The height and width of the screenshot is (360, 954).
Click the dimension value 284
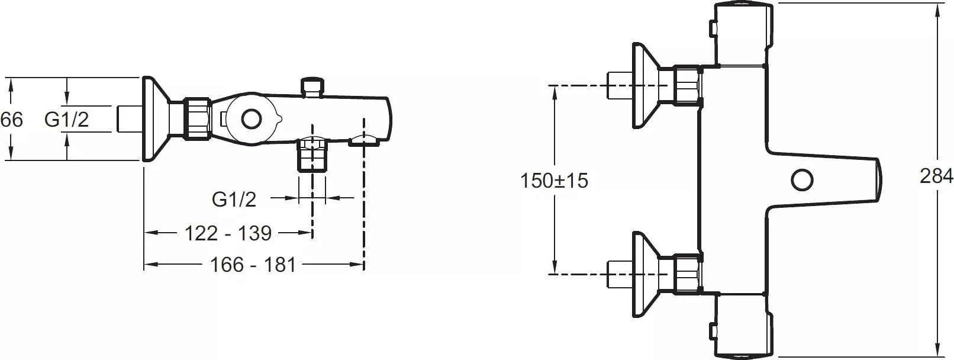[936, 176]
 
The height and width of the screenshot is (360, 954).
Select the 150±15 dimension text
[554, 181]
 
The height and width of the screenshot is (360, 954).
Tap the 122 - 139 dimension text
[228, 233]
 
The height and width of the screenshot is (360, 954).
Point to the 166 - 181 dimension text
[253, 265]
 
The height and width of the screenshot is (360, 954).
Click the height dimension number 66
[11, 120]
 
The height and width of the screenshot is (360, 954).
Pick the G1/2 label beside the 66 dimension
[66, 120]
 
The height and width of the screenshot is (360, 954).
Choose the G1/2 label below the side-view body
[234, 200]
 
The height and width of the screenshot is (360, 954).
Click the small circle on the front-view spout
[802, 180]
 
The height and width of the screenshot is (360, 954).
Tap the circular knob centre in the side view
[251, 120]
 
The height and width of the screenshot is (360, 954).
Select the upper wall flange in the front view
[645, 85]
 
